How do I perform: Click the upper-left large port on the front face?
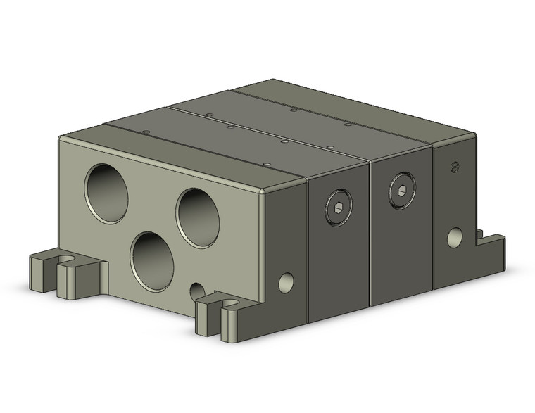(106, 193)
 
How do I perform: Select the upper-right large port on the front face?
(198, 217)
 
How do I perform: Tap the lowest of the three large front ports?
(152, 261)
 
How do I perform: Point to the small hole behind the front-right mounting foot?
(198, 291)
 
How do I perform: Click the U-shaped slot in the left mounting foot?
(65, 261)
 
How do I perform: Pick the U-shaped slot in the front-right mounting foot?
(230, 304)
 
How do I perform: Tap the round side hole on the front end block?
(285, 283)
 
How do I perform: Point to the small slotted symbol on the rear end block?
(454, 167)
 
